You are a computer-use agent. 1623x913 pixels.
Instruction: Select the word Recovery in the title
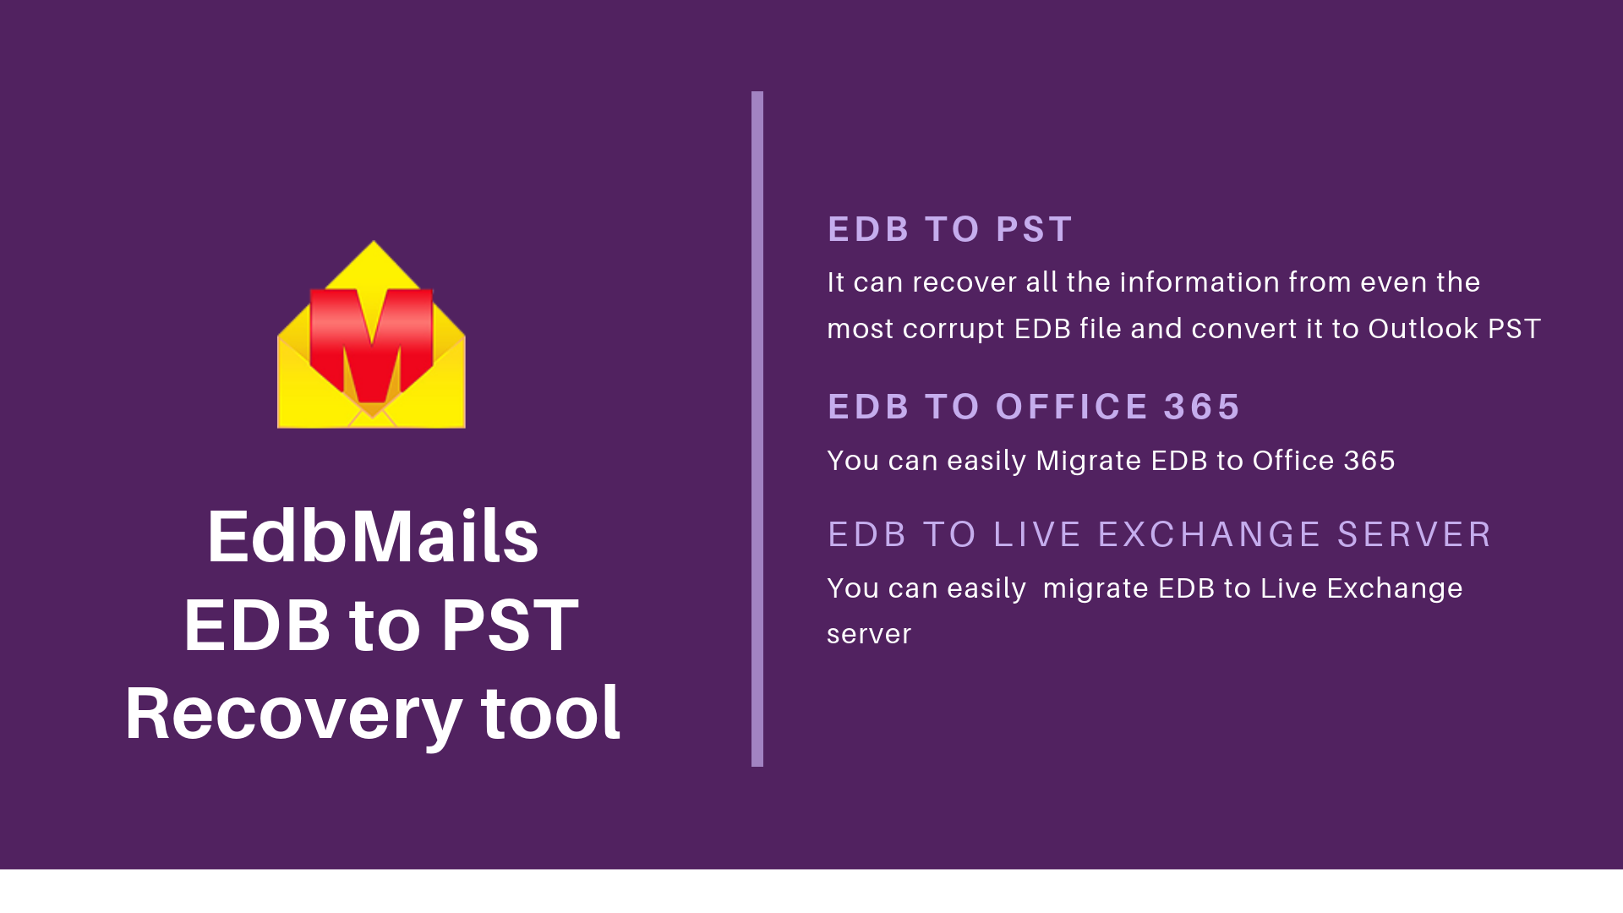point(292,715)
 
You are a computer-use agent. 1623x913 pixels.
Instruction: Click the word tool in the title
point(550,712)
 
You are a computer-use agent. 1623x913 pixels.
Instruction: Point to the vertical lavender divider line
point(757,429)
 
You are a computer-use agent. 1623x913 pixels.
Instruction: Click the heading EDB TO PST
point(950,229)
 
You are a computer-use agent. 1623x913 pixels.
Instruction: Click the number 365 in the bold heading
point(1201,407)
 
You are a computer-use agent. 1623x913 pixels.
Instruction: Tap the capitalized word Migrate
point(1089,461)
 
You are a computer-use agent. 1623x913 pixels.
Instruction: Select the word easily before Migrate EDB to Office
point(986,461)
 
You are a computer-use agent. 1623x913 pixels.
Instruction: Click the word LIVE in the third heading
point(1037,534)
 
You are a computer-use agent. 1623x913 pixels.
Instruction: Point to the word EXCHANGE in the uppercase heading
point(1210,534)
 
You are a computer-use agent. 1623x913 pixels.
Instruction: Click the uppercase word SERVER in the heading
point(1414,534)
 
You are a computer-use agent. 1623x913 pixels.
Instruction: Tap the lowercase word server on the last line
point(869,634)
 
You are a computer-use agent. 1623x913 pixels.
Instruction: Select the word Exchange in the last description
point(1395,588)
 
